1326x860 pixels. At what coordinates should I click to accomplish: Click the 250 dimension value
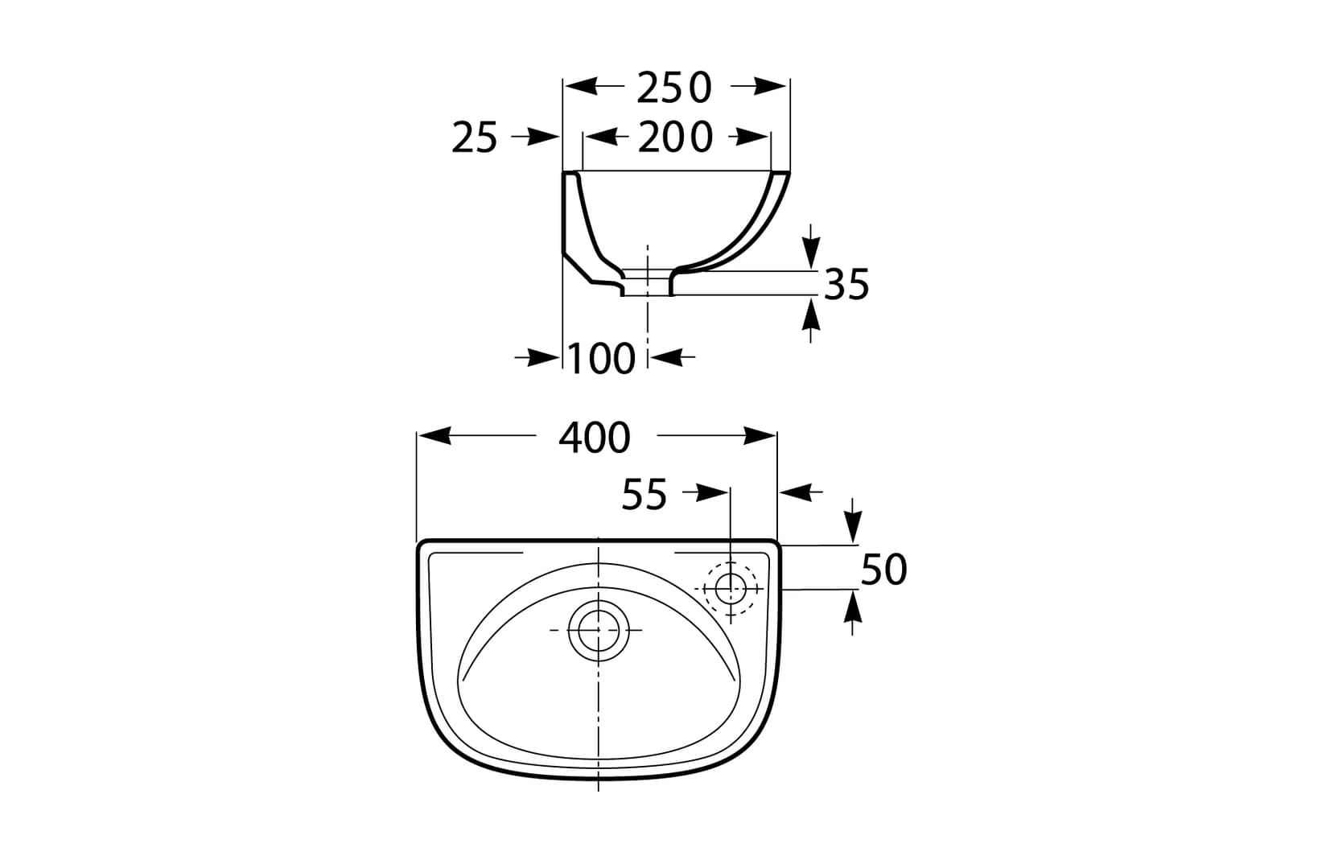tap(674, 88)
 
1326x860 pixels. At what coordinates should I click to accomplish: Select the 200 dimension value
tap(674, 138)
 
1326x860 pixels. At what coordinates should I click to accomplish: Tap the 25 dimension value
tap(475, 138)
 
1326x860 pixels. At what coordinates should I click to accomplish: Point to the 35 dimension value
tap(846, 284)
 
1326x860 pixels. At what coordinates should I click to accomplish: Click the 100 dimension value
tap(602, 359)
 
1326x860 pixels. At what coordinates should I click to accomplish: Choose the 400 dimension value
tap(595, 438)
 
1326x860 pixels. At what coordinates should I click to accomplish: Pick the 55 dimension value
tap(644, 495)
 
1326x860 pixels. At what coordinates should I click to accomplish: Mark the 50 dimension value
tap(883, 569)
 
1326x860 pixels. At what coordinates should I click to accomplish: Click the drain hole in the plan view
tap(597, 630)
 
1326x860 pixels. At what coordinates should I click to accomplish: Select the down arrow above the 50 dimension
tap(854, 528)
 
